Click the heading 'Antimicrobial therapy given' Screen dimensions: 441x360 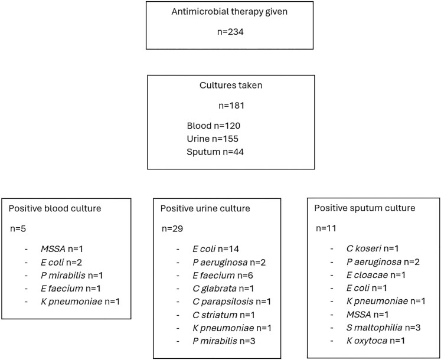pyautogui.click(x=230, y=12)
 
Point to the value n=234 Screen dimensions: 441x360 pyautogui.click(x=230, y=32)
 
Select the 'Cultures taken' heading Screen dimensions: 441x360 pyautogui.click(x=231, y=85)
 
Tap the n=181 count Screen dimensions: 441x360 pyautogui.click(x=231, y=106)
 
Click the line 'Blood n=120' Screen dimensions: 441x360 pyautogui.click(x=214, y=126)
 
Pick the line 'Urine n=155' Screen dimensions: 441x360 pyautogui.click(x=213, y=139)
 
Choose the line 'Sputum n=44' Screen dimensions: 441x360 pyautogui.click(x=215, y=152)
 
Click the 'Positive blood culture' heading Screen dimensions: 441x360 pyautogui.click(x=55, y=208)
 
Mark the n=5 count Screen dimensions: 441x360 pyautogui.click(x=18, y=228)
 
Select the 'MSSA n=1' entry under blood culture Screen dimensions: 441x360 pyautogui.click(x=62, y=249)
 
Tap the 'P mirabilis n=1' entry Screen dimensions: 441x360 pyautogui.click(x=71, y=275)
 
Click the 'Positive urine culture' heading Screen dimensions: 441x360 pyautogui.click(x=205, y=208)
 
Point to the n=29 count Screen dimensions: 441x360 pyautogui.click(x=172, y=228)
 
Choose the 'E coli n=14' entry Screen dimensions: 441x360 pyautogui.click(x=215, y=249)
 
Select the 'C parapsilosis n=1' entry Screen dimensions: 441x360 pyautogui.click(x=232, y=302)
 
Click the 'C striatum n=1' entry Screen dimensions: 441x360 pyautogui.click(x=224, y=315)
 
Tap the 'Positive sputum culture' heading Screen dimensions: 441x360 pyautogui.click(x=365, y=208)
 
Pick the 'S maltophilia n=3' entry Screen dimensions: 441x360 pyautogui.click(x=383, y=328)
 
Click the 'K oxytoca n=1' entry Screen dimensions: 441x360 pyautogui.click(x=375, y=341)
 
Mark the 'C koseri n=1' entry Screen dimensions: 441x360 pyautogui.click(x=373, y=248)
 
